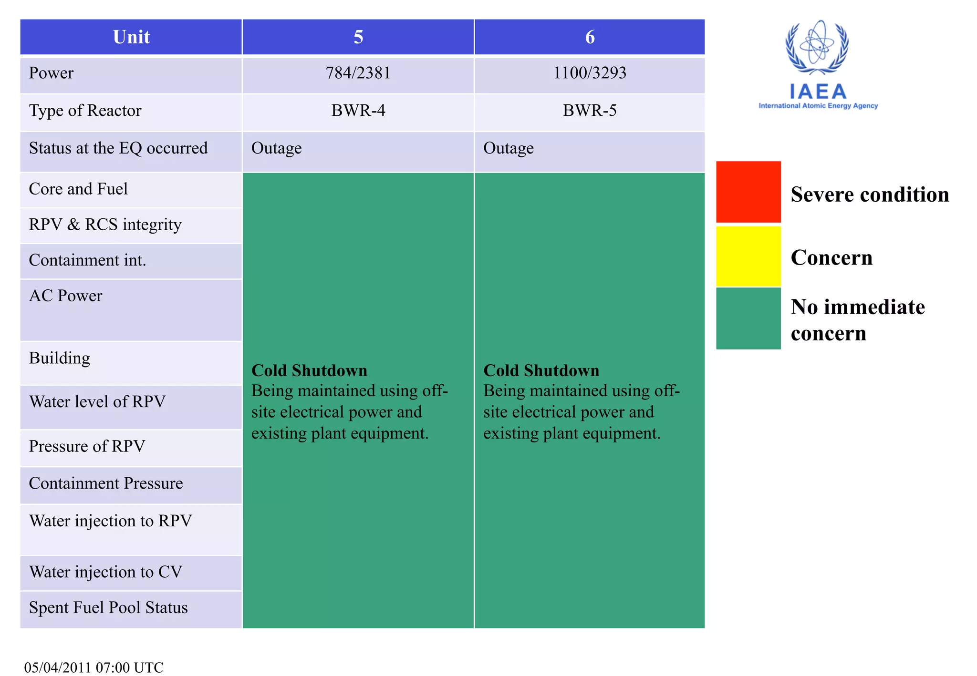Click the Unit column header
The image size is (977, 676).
131,37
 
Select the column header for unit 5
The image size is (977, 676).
358,37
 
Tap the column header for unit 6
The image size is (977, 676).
590,37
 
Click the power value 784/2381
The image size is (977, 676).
358,73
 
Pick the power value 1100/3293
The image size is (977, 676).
590,73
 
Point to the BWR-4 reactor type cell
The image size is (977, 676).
358,111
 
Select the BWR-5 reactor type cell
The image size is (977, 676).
590,111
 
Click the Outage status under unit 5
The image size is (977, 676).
277,148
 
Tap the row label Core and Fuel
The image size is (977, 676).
78,189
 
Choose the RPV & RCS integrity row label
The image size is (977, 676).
105,225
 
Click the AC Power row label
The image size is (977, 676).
66,296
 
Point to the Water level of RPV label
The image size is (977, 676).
97,402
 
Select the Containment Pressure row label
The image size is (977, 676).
106,483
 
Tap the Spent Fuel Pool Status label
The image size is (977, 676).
108,608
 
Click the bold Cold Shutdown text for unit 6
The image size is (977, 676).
541,370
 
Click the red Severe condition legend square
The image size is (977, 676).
748,192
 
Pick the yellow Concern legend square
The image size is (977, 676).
748,256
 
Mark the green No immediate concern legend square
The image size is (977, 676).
748,318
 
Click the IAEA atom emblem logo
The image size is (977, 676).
817,48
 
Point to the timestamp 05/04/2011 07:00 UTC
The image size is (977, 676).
94,667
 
